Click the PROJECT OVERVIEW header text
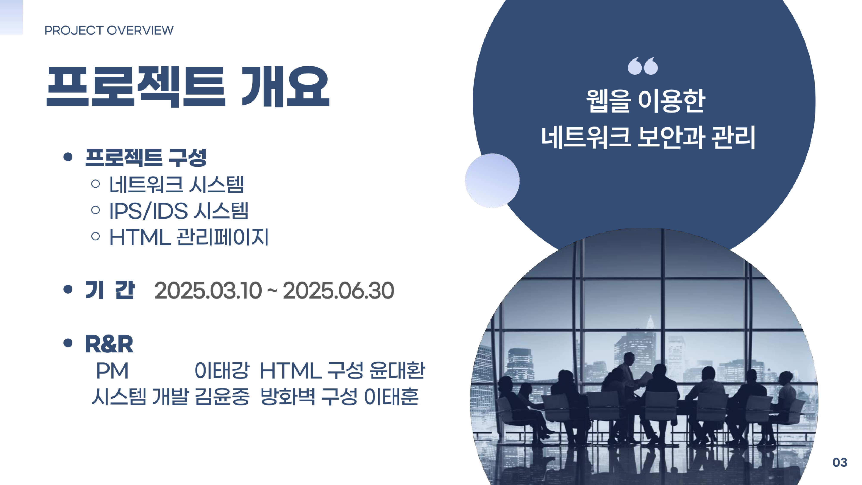tap(109, 30)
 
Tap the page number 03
tap(840, 462)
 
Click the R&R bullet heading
tap(109, 344)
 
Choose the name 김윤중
tap(222, 397)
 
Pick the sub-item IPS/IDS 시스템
tap(179, 211)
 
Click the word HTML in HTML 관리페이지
tap(140, 237)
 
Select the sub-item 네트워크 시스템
tap(176, 185)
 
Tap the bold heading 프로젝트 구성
tap(146, 157)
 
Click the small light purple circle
tap(492, 181)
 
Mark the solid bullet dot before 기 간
tap(68, 289)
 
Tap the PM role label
tap(112, 371)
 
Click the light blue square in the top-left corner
tap(11, 17)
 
